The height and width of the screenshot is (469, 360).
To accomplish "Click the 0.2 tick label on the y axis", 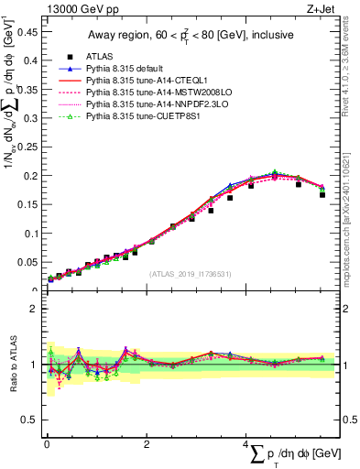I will pyautogui.click(x=30, y=175).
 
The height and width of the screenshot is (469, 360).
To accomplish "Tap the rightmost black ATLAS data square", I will pyautogui.click(x=322, y=194).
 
